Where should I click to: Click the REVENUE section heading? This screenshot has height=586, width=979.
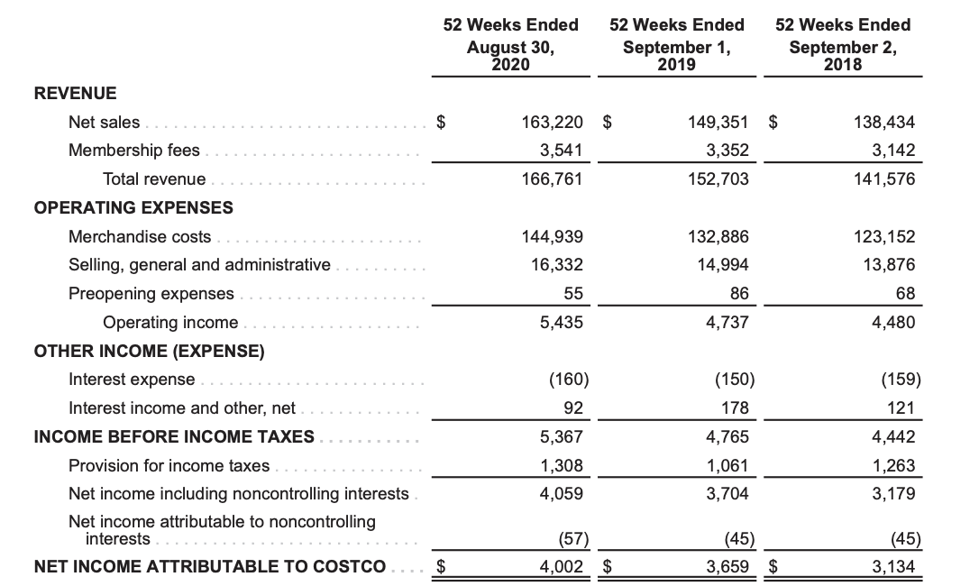pyautogui.click(x=75, y=93)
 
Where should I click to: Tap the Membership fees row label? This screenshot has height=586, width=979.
pyautogui.click(x=134, y=151)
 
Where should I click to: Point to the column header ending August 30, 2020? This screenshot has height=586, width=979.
pyautogui.click(x=510, y=44)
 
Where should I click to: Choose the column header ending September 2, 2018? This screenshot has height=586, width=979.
pyautogui.click(x=842, y=44)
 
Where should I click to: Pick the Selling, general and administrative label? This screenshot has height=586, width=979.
pyautogui.click(x=199, y=265)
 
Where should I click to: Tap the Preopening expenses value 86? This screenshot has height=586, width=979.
pyautogui.click(x=738, y=294)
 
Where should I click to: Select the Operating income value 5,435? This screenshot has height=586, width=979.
pyautogui.click(x=561, y=323)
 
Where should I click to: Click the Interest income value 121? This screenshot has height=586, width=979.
pyautogui.click(x=902, y=408)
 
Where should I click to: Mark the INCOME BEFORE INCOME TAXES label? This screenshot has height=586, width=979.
pyautogui.click(x=174, y=437)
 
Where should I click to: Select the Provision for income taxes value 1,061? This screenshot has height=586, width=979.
pyautogui.click(x=728, y=466)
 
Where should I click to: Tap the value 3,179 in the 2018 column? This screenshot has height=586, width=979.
pyautogui.click(x=893, y=494)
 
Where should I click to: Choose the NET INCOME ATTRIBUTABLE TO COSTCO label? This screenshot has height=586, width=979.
pyautogui.click(x=209, y=567)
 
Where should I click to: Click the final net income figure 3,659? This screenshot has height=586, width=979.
pyautogui.click(x=728, y=567)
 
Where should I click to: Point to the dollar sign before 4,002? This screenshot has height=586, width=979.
pyautogui.click(x=442, y=567)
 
